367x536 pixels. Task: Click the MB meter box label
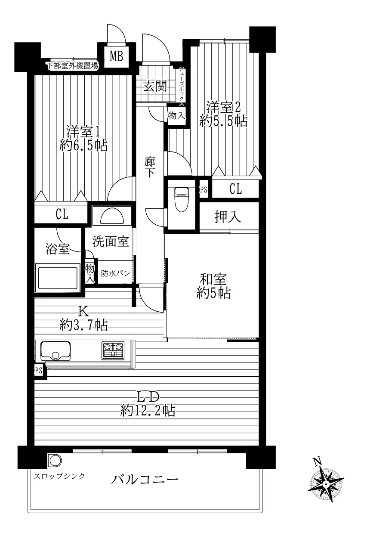point(117,56)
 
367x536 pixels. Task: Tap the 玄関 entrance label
point(155,86)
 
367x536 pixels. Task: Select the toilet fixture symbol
point(182,199)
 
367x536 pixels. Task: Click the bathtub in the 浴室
point(57,278)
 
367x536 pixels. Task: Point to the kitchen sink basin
point(56,351)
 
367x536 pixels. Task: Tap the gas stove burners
point(113,350)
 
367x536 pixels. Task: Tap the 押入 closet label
point(227,217)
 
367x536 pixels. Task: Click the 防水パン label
point(115,273)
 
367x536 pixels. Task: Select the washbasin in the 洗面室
point(112,215)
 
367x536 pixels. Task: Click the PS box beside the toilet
point(204,190)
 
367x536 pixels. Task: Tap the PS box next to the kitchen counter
point(38,371)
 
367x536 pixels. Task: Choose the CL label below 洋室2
point(235,189)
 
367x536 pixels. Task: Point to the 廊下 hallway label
point(150,167)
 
